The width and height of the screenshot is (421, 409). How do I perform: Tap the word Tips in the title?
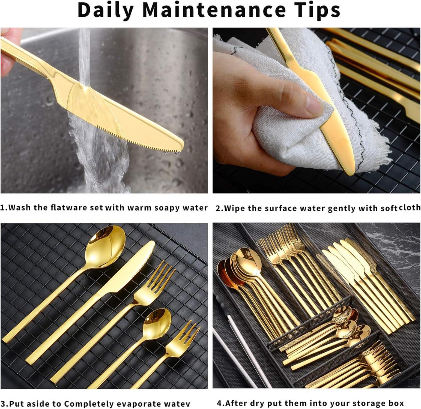point(317,10)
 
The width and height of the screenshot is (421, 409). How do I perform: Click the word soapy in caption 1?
point(166,208)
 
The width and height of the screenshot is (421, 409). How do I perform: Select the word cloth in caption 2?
point(410,207)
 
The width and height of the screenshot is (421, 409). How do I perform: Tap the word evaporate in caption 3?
point(139,403)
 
